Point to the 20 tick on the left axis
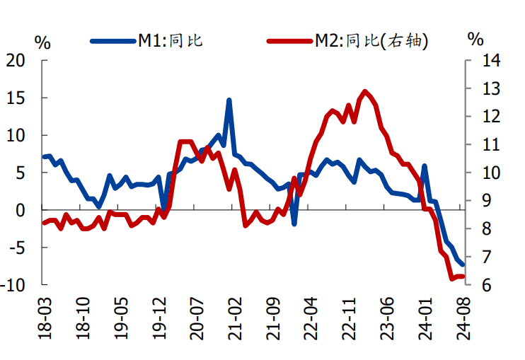click(21, 61)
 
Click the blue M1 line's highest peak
click(229, 100)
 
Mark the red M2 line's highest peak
click(365, 91)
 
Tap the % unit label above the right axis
click(476, 39)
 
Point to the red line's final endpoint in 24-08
click(463, 277)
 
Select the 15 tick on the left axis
click(21, 98)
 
